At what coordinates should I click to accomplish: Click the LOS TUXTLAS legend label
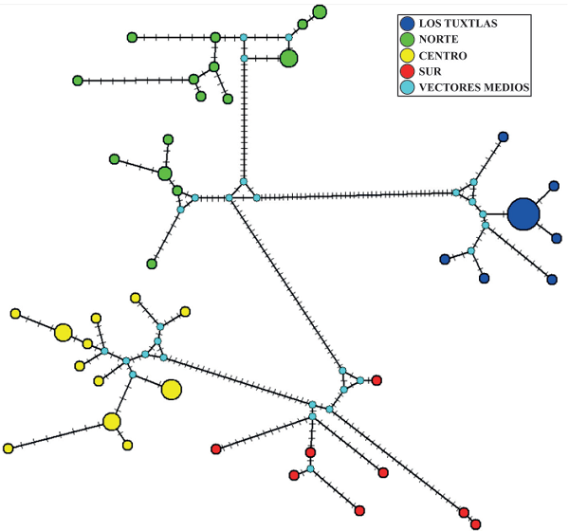[458, 23]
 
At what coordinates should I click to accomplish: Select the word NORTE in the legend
[438, 39]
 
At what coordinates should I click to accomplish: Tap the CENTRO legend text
[443, 56]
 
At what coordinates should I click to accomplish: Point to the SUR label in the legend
[430, 71]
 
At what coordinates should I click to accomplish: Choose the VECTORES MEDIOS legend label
[474, 87]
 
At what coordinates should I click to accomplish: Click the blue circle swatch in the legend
[407, 23]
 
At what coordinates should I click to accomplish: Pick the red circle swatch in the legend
[407, 71]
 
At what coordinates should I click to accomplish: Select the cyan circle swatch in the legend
[407, 87]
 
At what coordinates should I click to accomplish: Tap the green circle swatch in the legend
[407, 39]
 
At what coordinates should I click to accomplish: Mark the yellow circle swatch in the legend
[407, 56]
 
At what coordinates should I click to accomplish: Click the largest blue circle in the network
[523, 214]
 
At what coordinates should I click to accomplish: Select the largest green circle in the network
[289, 59]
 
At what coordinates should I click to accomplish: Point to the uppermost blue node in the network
[503, 137]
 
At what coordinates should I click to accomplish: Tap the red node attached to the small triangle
[376, 380]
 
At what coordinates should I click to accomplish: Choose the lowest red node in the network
[476, 524]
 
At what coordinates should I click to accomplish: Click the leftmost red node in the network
[216, 449]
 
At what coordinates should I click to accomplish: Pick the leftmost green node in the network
[78, 81]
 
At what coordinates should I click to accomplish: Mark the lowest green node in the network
[152, 264]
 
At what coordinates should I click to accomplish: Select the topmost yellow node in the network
[136, 298]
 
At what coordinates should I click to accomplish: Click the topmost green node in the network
[320, 12]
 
